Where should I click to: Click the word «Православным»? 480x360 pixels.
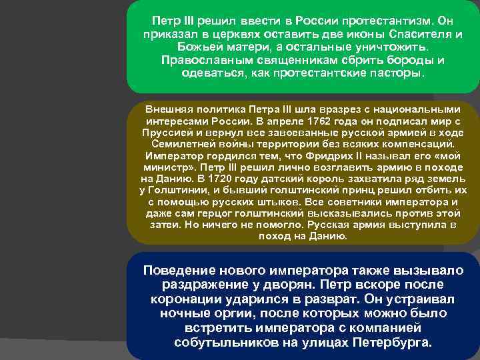click(201, 61)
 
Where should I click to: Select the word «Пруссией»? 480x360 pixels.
click(165, 132)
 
